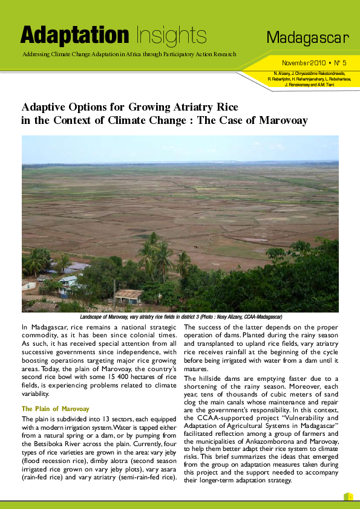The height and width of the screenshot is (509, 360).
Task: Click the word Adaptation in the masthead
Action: tap(74, 36)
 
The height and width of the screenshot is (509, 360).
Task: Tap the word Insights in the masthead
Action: tap(171, 36)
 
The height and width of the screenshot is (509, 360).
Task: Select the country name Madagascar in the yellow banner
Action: tap(308, 39)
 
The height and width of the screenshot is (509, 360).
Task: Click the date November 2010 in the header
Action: tap(304, 63)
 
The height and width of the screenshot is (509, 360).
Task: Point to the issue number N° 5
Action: tap(339, 63)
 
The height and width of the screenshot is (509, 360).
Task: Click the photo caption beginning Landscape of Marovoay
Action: tap(181, 317)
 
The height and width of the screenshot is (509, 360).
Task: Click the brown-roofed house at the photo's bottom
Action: tap(128, 297)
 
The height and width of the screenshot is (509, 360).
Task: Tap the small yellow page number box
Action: tap(348, 496)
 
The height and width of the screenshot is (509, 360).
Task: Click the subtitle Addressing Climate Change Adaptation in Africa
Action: tap(128, 54)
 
